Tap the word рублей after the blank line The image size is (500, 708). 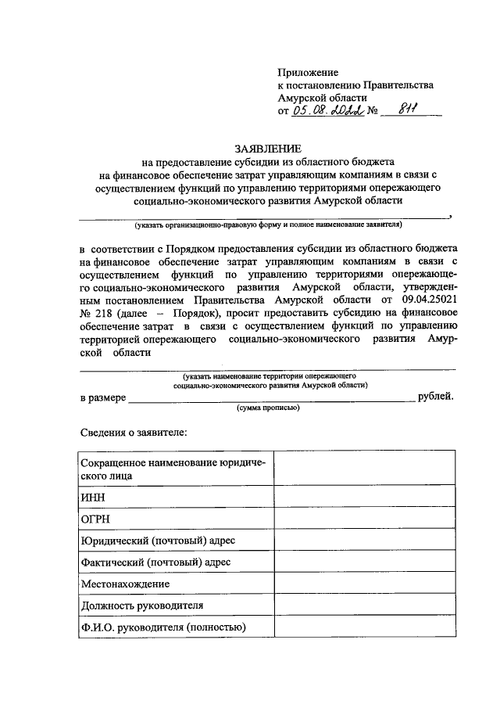coord(436,397)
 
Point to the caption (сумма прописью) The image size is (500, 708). coord(268,408)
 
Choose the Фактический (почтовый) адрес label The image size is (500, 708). coord(156,562)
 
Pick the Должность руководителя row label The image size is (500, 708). coord(142,606)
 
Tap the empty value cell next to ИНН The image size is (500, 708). coord(363,497)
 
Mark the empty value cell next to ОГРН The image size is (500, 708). coord(363,519)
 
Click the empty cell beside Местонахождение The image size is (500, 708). coord(363,584)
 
